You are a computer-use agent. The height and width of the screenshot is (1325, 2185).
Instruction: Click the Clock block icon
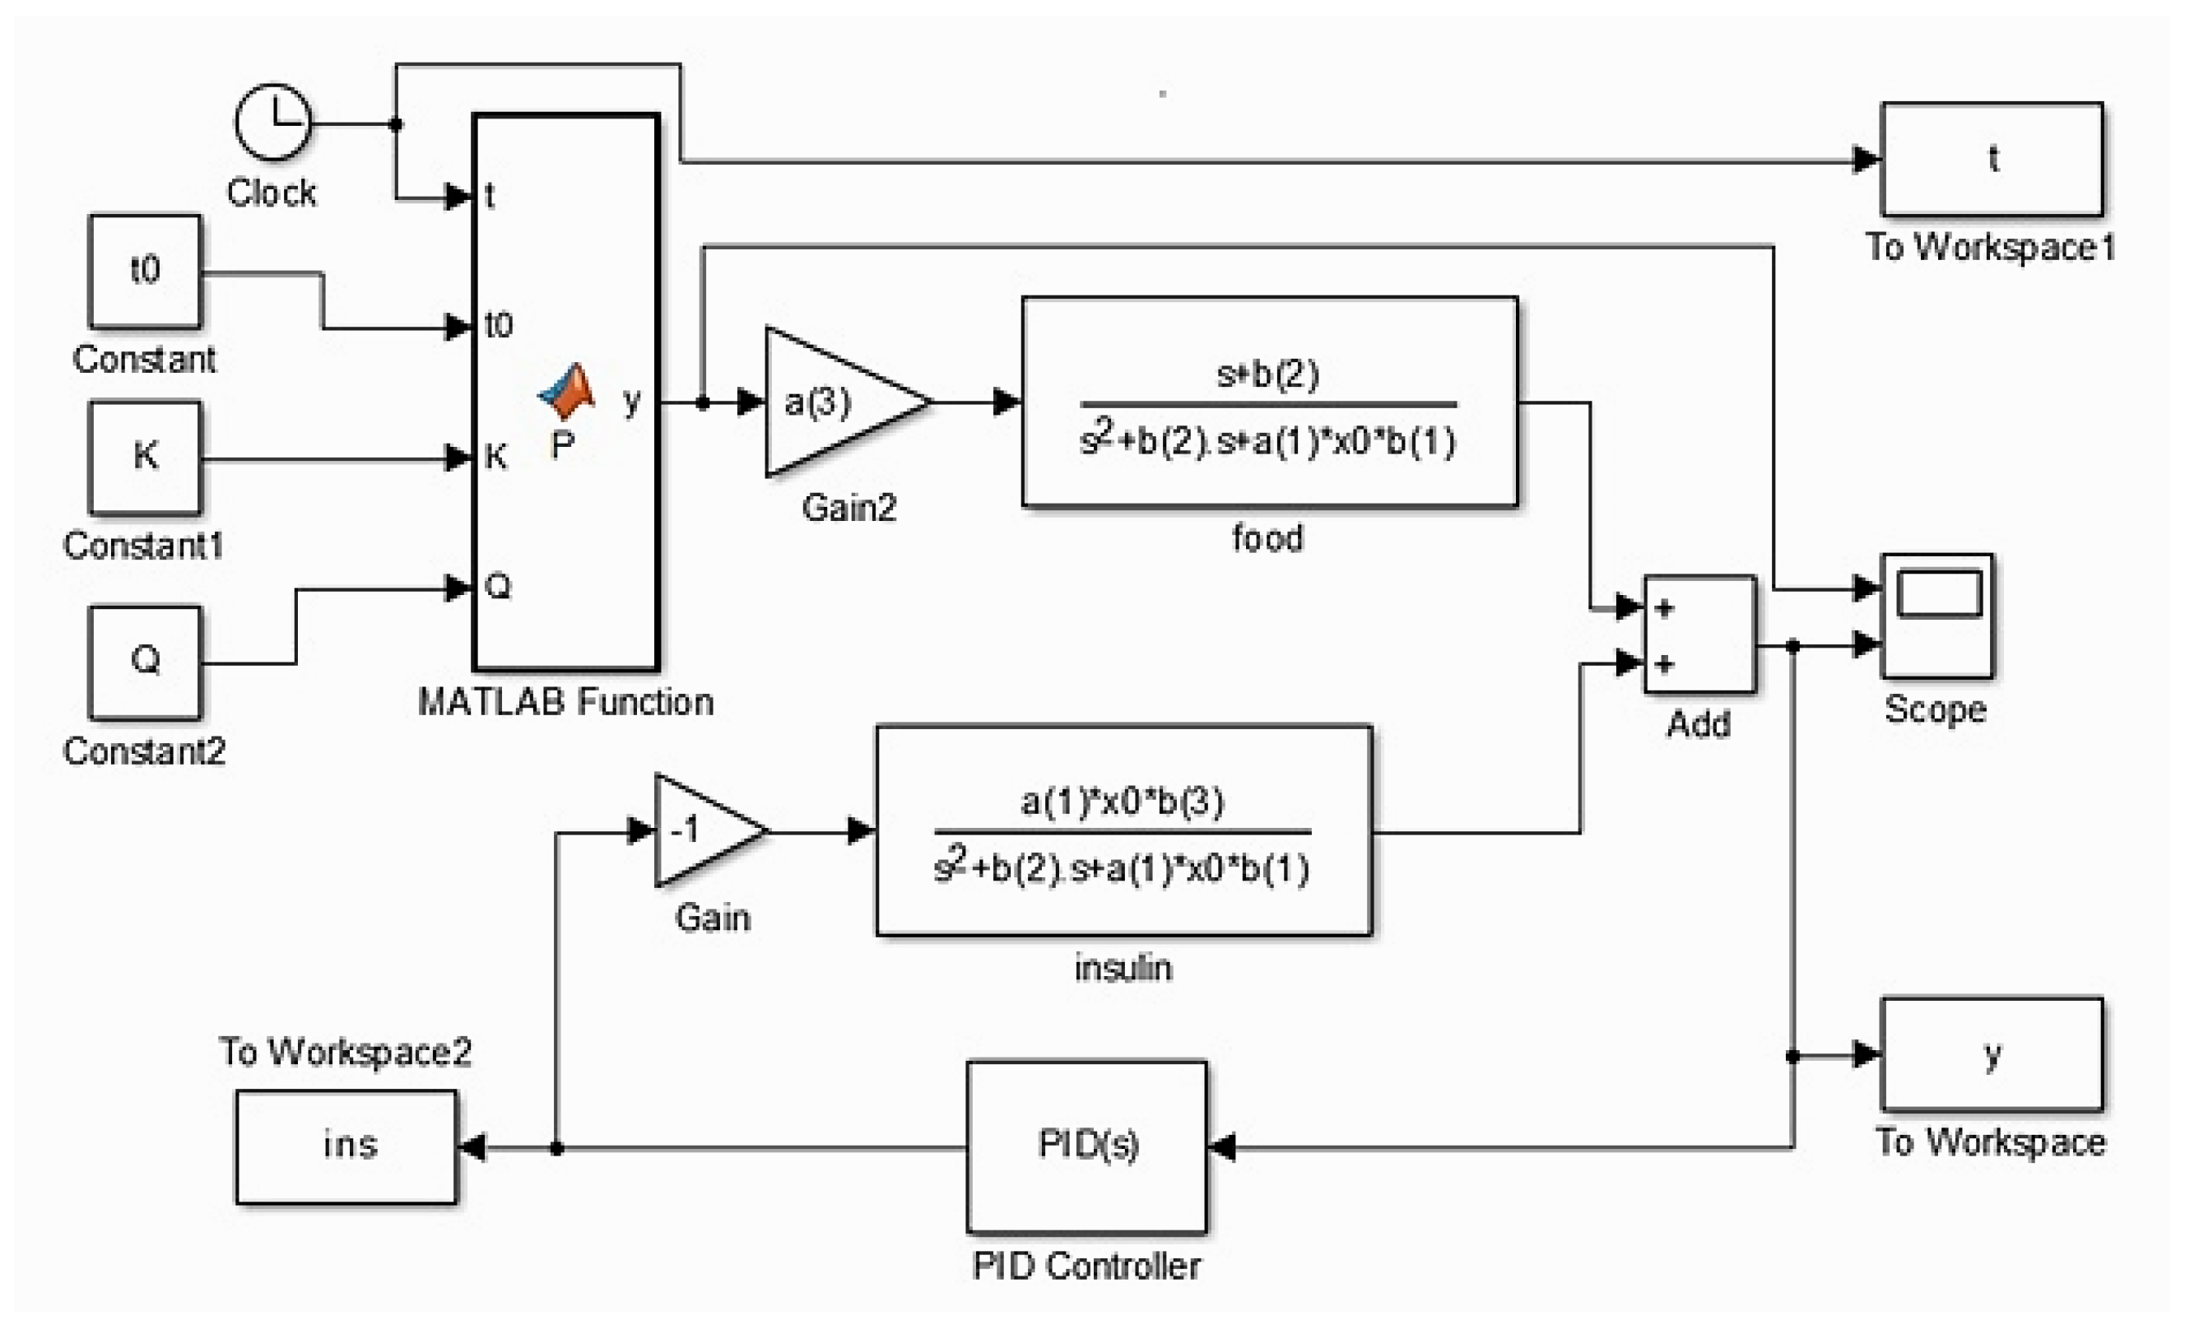pyautogui.click(x=272, y=123)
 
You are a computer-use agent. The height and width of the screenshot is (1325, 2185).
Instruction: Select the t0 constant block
pyautogui.click(x=145, y=272)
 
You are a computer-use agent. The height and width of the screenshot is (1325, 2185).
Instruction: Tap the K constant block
pyautogui.click(x=145, y=458)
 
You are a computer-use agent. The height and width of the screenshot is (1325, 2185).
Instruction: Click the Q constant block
pyautogui.click(x=145, y=662)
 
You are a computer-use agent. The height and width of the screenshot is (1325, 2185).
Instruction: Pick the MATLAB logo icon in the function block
pyautogui.click(x=567, y=391)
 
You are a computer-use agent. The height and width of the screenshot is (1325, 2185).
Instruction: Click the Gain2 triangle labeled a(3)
pyautogui.click(x=834, y=402)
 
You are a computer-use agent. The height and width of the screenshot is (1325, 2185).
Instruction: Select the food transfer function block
pyautogui.click(x=1269, y=402)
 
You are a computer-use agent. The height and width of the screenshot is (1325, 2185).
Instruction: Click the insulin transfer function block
pyautogui.click(x=1123, y=830)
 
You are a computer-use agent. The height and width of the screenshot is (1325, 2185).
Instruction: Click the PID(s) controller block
pyautogui.click(x=1086, y=1146)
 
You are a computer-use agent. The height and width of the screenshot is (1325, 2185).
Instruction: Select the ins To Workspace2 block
pyautogui.click(x=346, y=1146)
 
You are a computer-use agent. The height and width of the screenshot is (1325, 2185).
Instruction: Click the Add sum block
pyautogui.click(x=1699, y=635)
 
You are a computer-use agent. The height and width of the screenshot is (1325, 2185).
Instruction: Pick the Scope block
pyautogui.click(x=1936, y=616)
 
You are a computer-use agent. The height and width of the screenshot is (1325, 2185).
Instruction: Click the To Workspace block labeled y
pyautogui.click(x=1991, y=1053)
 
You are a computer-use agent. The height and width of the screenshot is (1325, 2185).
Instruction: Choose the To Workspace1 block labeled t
pyautogui.click(x=1991, y=160)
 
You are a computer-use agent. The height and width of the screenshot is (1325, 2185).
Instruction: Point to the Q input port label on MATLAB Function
pyautogui.click(x=499, y=586)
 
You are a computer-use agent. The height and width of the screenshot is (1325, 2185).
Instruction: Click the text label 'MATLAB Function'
pyautogui.click(x=565, y=702)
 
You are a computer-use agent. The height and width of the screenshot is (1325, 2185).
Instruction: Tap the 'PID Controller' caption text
pyautogui.click(x=1086, y=1266)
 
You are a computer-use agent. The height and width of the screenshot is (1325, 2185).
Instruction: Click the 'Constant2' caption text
pyautogui.click(x=145, y=751)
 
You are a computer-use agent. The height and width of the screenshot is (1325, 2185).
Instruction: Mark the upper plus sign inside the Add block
pyautogui.click(x=1664, y=608)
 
